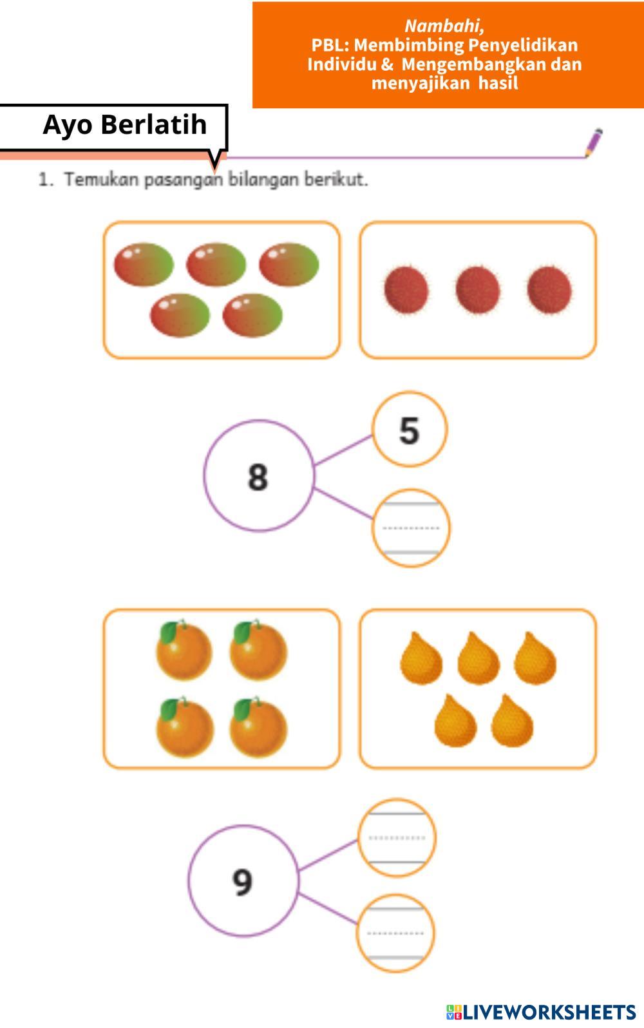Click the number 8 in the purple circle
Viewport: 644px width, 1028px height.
coord(258,477)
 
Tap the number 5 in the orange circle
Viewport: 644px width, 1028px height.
coord(410,430)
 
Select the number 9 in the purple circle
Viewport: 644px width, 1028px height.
coord(242,882)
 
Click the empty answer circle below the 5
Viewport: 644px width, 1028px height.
coord(411,528)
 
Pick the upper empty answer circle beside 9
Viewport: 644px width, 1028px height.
coord(397,838)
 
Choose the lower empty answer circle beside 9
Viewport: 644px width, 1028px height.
coord(396,933)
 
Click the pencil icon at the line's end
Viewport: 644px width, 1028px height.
coord(594,142)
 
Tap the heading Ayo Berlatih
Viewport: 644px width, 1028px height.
coord(125,124)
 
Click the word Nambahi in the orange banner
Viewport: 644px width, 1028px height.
coord(444,26)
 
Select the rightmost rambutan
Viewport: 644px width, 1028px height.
coord(549,289)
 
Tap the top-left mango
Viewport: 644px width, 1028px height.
coord(144,265)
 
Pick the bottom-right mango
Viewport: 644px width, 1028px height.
coord(252,316)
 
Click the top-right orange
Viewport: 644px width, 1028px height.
coord(258,651)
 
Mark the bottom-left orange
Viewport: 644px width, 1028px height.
coord(185,728)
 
